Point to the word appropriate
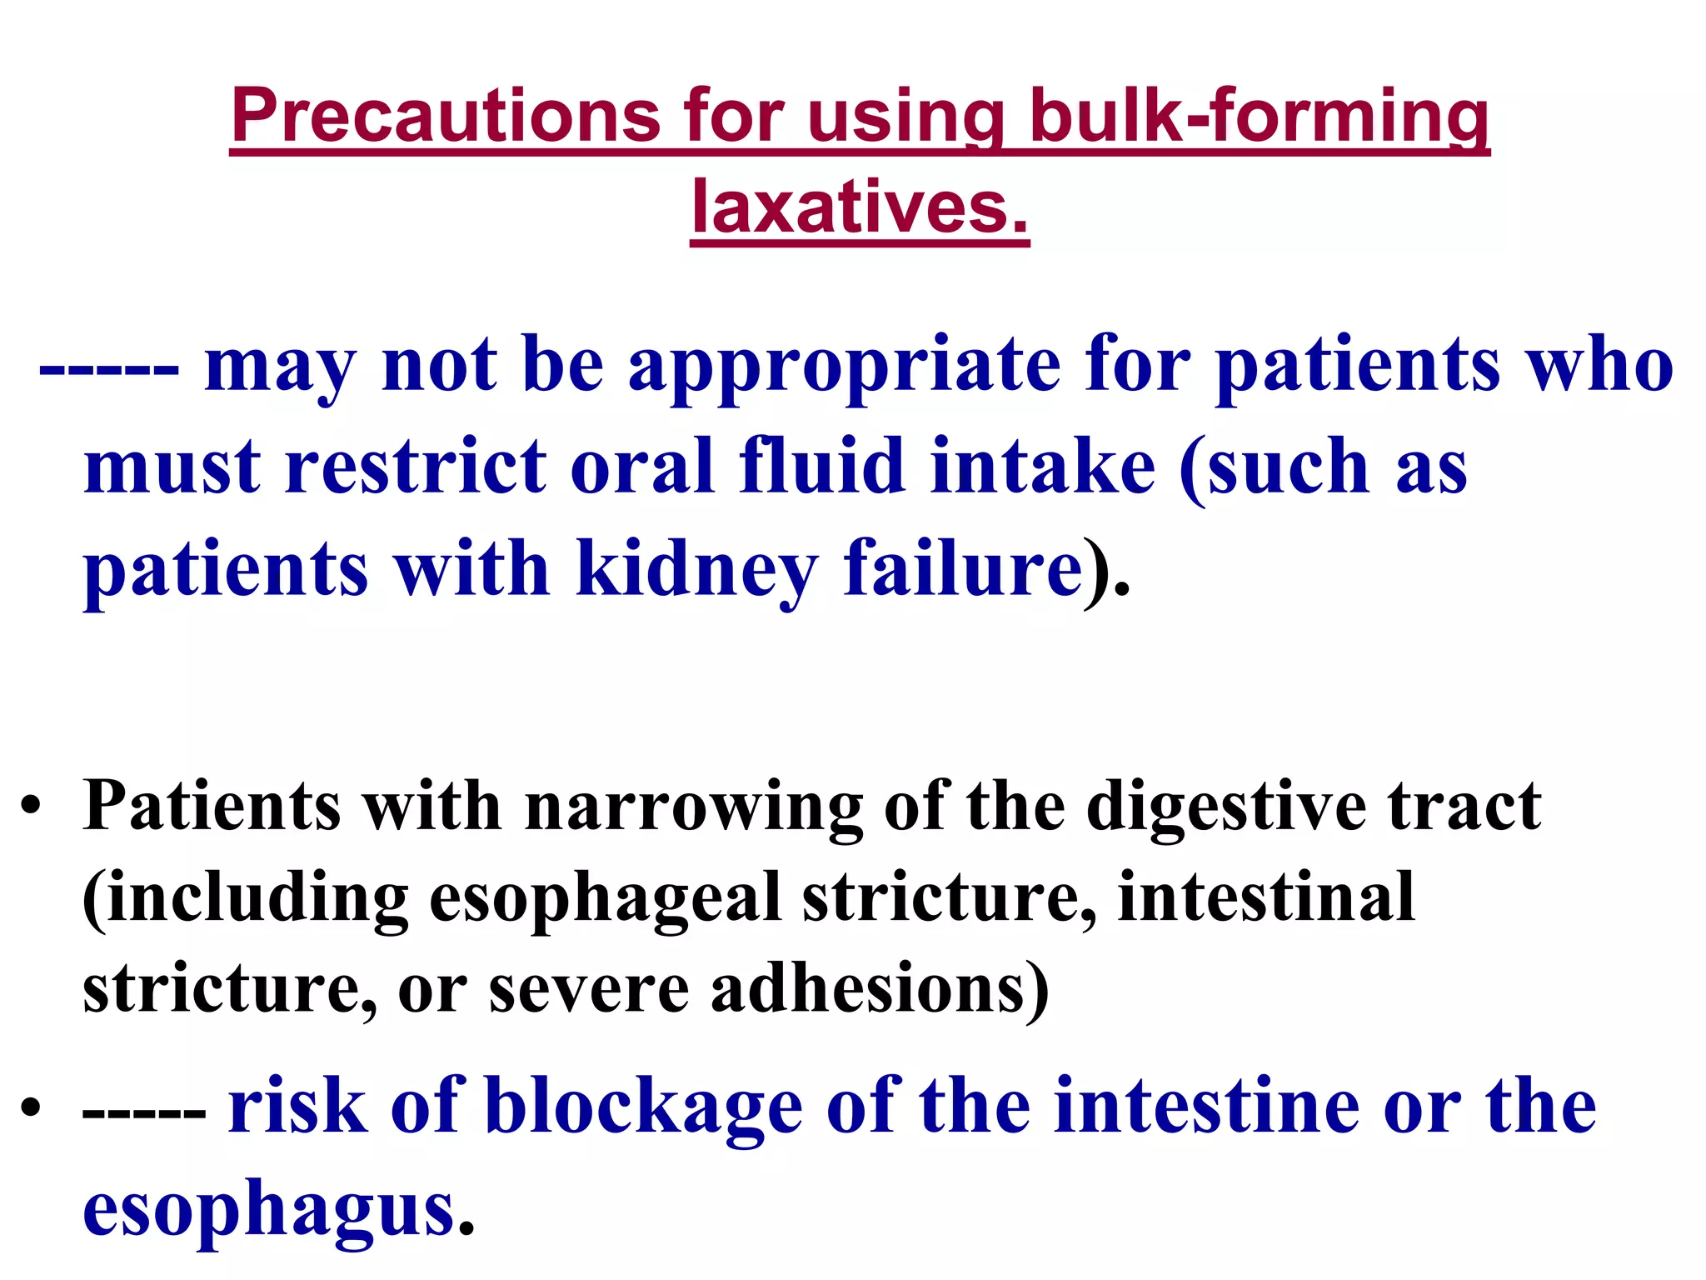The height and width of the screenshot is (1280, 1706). (x=844, y=366)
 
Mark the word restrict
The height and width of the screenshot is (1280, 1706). (x=417, y=467)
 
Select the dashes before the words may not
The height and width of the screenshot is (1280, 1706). (x=109, y=367)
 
